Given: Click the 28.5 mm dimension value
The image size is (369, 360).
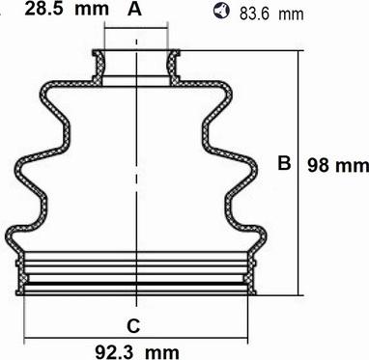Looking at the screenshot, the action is tap(67, 9).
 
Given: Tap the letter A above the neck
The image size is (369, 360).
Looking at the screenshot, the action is tap(134, 10).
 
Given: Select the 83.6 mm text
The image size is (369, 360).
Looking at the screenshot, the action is tap(271, 14).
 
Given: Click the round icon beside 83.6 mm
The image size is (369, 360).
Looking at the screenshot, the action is tap(222, 11).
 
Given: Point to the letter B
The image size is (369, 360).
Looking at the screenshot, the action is tap(284, 163).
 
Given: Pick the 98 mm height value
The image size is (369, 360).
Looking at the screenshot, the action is tap(338, 166).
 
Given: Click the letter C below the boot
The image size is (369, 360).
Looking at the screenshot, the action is tap(133, 326).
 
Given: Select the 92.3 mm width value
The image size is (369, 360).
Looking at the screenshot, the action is tap(137, 352).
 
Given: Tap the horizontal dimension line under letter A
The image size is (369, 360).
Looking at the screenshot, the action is tap(136, 28).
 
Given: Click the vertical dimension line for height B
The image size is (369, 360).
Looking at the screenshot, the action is tap(298, 173).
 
